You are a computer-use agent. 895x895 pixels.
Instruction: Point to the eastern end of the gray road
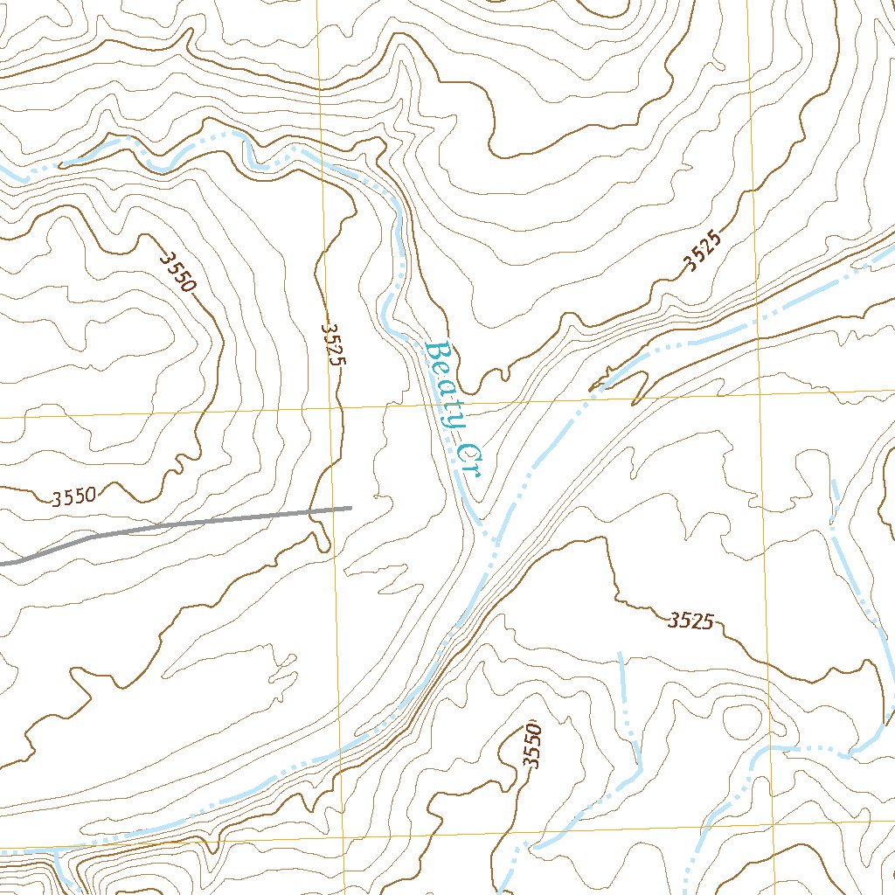point(350,507)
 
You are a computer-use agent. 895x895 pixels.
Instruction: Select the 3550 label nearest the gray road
point(73,497)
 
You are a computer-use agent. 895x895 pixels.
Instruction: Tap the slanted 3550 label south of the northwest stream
point(178,272)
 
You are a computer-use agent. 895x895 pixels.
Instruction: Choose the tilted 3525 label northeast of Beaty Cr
point(704,252)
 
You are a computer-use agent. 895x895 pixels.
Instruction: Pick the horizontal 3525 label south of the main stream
point(692,621)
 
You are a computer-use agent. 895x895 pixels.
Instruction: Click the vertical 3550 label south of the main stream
point(531,746)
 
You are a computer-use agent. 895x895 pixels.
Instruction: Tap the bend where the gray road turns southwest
point(92,536)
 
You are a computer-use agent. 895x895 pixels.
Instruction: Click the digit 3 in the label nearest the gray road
point(56,500)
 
